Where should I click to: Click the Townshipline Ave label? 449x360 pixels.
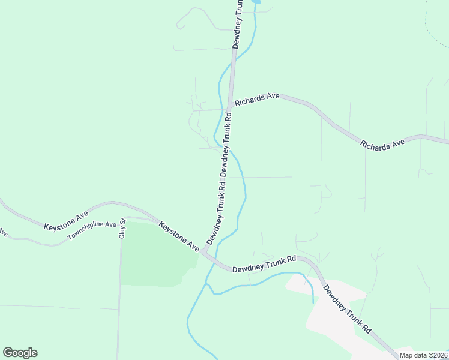pos(92,229)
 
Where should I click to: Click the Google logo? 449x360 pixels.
pos(20,353)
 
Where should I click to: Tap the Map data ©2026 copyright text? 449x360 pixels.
pos(424,355)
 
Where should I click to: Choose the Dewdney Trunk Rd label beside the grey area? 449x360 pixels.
pos(348,308)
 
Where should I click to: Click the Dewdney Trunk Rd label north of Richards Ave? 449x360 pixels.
pos(237,24)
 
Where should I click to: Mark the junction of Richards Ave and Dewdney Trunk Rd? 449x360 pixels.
pos(230,108)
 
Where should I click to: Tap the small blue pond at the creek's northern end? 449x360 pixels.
pos(256,2)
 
